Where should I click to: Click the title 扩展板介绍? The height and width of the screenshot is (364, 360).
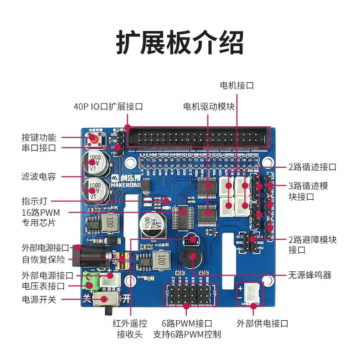pyautogui.click(x=180, y=43)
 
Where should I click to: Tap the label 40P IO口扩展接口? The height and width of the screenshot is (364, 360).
pyautogui.click(x=108, y=107)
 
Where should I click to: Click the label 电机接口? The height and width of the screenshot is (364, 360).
pyautogui.click(x=237, y=85)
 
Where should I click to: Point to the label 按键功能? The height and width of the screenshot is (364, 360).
pyautogui.click(x=39, y=137)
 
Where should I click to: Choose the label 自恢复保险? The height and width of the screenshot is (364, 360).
pyautogui.click(x=44, y=260)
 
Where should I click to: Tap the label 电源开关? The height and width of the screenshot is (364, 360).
pyautogui.click(x=39, y=300)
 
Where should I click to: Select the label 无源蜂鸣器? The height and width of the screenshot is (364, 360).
pyautogui.click(x=309, y=275)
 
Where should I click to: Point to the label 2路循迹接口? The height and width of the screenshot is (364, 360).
pyautogui.click(x=312, y=167)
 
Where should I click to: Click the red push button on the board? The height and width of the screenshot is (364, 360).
pyautogui.click(x=94, y=139)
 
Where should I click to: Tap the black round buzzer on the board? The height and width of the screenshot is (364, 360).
pyautogui.click(x=190, y=258)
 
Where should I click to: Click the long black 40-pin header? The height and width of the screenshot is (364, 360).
pyautogui.click(x=199, y=137)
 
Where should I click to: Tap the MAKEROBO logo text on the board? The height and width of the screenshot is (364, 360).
pyautogui.click(x=123, y=185)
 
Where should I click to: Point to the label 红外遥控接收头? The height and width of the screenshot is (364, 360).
pyautogui.click(x=130, y=329)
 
